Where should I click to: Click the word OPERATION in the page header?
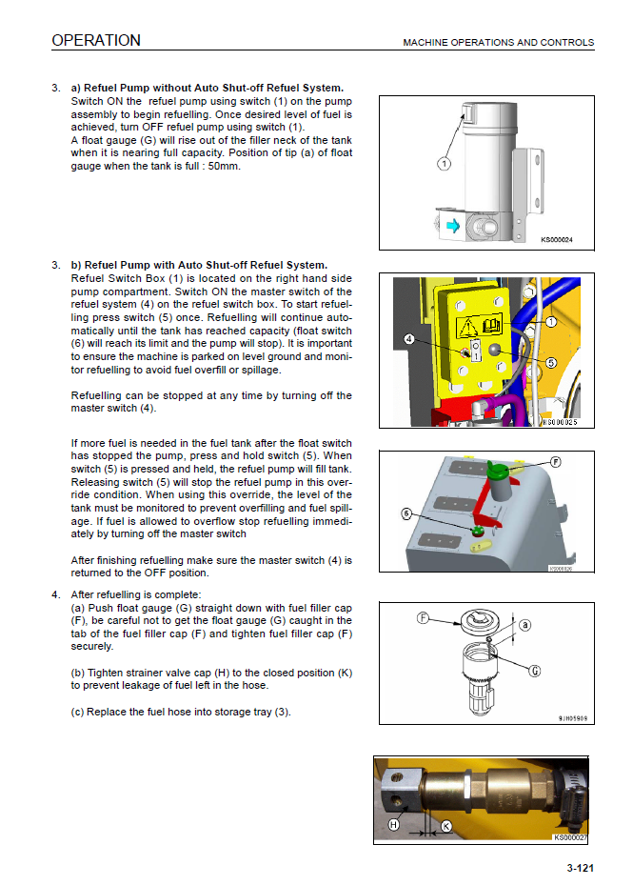pos(96,40)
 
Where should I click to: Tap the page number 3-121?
pos(580,868)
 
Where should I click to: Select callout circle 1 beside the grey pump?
pos(444,164)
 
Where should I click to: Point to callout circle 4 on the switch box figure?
pos(407,339)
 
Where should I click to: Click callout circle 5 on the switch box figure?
pos(551,363)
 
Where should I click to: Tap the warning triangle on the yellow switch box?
pos(469,327)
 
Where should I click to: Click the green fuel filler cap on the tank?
pos(495,471)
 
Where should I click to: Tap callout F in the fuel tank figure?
pos(555,462)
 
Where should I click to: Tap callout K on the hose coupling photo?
pos(446,827)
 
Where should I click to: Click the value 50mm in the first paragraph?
pos(224,165)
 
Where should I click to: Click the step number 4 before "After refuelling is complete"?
pos(56,594)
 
